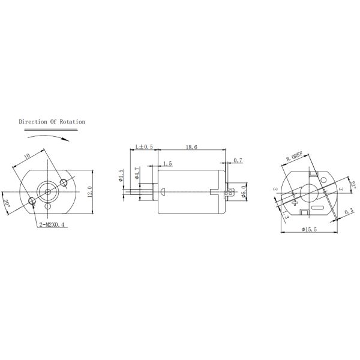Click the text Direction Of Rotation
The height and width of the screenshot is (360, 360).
tap(52, 122)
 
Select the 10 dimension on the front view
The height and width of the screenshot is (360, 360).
tap(27, 157)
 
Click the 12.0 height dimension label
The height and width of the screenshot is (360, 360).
tap(89, 192)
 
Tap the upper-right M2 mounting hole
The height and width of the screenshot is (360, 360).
tap(64, 182)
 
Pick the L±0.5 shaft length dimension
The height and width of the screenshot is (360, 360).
tap(144, 146)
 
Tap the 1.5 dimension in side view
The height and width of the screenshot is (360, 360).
tap(167, 163)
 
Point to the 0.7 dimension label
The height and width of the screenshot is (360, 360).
tap(238, 160)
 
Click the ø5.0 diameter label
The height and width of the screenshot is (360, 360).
tap(244, 192)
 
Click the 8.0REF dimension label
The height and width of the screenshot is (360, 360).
tap(295, 158)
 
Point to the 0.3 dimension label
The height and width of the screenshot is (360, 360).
tap(349, 211)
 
